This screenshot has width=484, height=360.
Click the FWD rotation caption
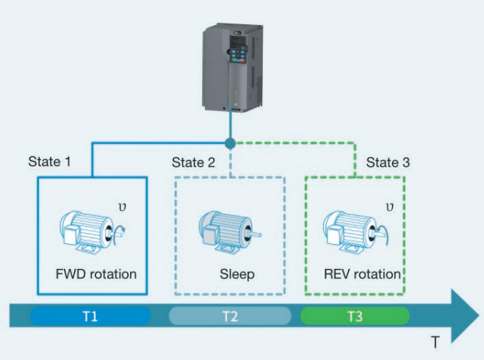96,274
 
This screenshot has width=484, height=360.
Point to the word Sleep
236,274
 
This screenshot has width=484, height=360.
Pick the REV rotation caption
362,274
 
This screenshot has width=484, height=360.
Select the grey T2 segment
230,317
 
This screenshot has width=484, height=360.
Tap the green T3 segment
355,317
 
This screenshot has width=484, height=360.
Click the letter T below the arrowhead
436,342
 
